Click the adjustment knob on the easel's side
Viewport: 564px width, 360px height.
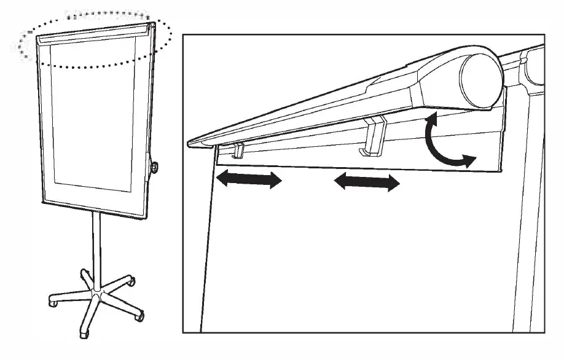click(x=155, y=166)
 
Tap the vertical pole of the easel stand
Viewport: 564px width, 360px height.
click(x=96, y=246)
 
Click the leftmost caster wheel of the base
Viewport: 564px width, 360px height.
click(x=53, y=303)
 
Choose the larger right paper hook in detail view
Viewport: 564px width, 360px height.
click(x=374, y=136)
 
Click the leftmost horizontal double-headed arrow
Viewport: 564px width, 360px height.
click(x=248, y=179)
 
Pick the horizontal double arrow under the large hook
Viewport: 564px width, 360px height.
click(x=366, y=182)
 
